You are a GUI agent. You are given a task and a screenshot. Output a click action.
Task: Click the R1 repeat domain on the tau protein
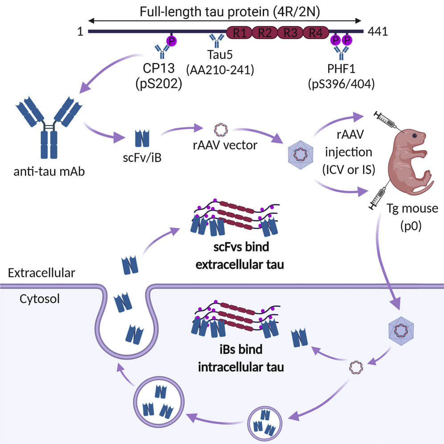[x=239, y=32]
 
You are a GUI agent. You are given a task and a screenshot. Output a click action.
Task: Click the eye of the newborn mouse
[x=415, y=135]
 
